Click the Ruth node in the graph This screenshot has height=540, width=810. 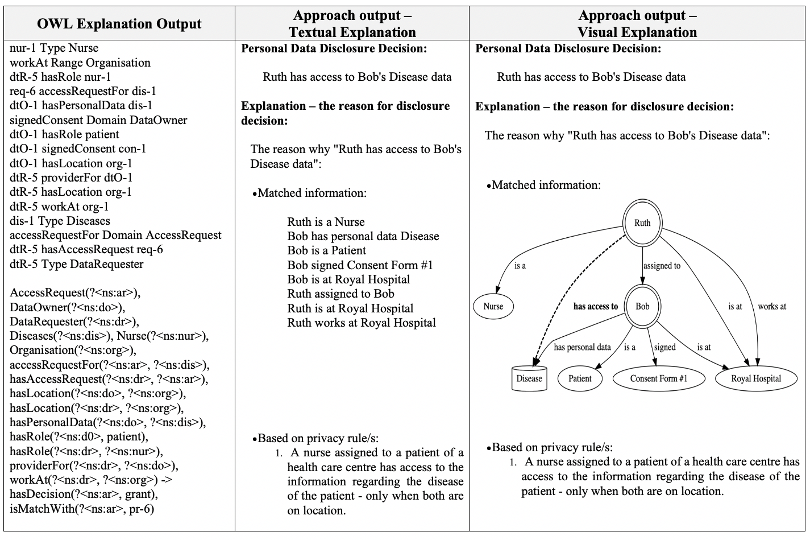click(642, 222)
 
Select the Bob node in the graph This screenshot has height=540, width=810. click(642, 306)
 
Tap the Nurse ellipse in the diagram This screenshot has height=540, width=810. click(493, 306)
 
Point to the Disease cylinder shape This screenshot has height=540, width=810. click(529, 378)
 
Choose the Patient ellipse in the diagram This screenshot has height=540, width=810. click(580, 378)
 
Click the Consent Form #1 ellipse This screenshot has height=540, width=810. click(659, 378)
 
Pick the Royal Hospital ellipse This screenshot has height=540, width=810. click(756, 378)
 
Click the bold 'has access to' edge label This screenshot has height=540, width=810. click(596, 307)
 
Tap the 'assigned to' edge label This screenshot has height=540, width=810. click(662, 266)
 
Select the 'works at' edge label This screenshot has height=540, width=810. click(772, 307)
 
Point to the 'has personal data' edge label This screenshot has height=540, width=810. click(582, 348)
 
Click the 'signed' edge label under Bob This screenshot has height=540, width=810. click(664, 348)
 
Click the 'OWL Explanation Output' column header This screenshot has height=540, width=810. click(119, 24)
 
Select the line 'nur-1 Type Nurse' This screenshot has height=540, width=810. click(54, 48)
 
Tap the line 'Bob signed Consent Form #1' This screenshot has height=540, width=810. click(360, 265)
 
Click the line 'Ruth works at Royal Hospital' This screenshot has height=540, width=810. click(362, 323)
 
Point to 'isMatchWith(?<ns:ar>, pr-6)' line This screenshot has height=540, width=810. click(82, 509)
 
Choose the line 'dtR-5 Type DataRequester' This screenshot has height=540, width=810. click(76, 264)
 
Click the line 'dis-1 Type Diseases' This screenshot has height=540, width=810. click(60, 221)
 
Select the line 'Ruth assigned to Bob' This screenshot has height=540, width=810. click(340, 294)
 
